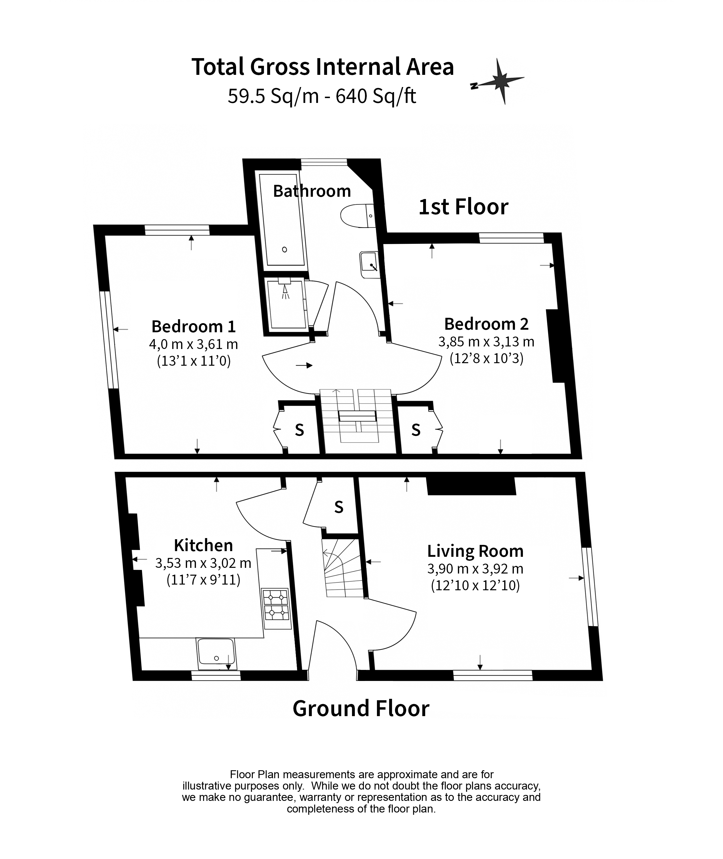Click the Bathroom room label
tap(312, 191)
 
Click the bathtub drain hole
tap(285, 249)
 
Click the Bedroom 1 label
tap(194, 326)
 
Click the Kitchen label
tap(203, 545)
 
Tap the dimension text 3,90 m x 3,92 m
tap(476, 569)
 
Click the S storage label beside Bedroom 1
tap(300, 430)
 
